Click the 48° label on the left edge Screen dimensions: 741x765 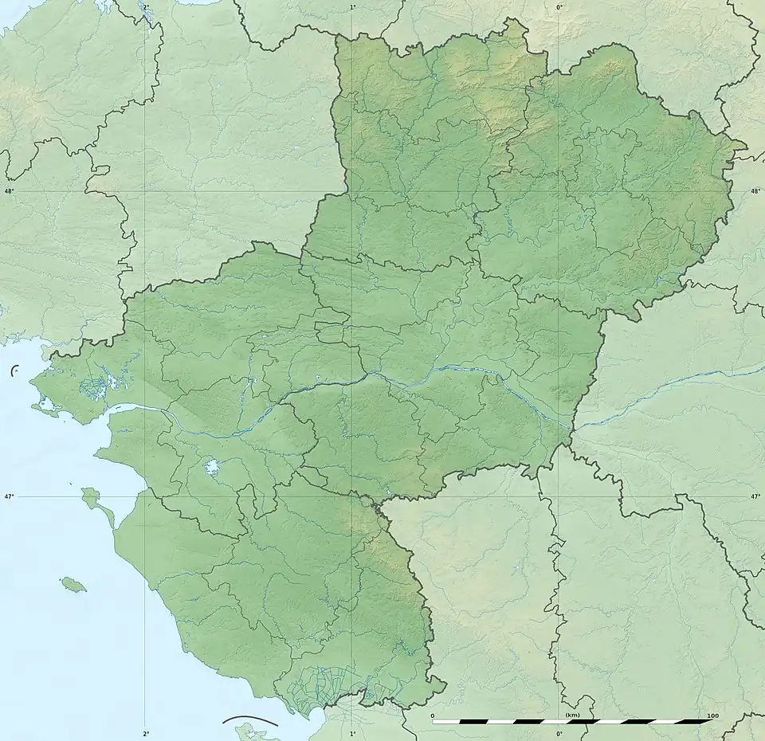point(9,191)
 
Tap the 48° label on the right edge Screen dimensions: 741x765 point(755,191)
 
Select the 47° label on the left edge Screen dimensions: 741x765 point(9,496)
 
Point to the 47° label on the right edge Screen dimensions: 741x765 point(755,496)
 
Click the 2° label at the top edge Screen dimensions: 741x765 point(145,6)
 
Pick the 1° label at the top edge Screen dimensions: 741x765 point(353,6)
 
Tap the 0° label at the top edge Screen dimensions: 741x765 point(559,6)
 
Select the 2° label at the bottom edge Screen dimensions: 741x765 point(146,733)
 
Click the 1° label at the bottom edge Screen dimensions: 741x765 point(353,733)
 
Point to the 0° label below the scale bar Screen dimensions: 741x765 point(559,733)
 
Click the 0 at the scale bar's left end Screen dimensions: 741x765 point(433,716)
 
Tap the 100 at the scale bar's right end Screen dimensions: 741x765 point(712,716)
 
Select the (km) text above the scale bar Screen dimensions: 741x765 point(571,716)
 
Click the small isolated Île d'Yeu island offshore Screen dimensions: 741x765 point(73,585)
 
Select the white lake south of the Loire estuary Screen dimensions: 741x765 point(212,468)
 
